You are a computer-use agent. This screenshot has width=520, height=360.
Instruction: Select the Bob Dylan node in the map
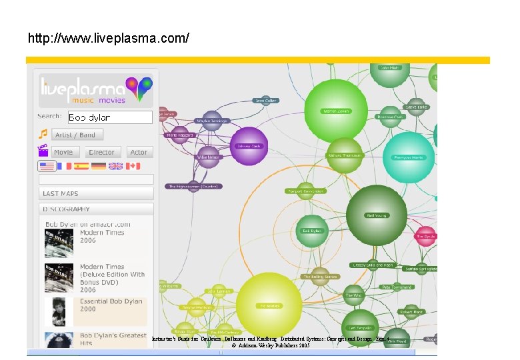coord(311,231)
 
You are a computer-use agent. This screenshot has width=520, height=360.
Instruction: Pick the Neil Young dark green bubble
coord(377,215)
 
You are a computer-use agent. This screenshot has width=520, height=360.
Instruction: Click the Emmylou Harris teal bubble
coord(408,157)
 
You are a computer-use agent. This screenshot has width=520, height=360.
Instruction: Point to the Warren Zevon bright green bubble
coord(335,111)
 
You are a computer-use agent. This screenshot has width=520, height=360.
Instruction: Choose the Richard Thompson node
coord(344,155)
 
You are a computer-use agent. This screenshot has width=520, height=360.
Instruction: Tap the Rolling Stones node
coord(321,276)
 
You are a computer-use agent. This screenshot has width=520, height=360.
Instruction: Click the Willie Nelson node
coord(208,157)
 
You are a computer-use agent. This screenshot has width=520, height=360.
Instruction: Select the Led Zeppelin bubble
coord(361,327)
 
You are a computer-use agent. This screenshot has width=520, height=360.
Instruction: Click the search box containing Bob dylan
coord(110,117)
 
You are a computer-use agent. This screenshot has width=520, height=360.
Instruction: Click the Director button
coord(101,152)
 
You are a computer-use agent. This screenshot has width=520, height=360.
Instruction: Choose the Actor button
coord(139,152)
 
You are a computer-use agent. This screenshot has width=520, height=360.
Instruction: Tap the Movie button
coord(63,152)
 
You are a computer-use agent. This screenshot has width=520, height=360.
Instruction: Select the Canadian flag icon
coord(133,166)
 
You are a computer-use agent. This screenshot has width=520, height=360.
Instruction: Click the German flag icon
coord(99,166)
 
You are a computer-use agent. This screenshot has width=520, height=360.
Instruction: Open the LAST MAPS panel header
coord(96,193)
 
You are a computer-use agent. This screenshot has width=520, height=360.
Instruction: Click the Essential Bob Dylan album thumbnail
coord(59,311)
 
